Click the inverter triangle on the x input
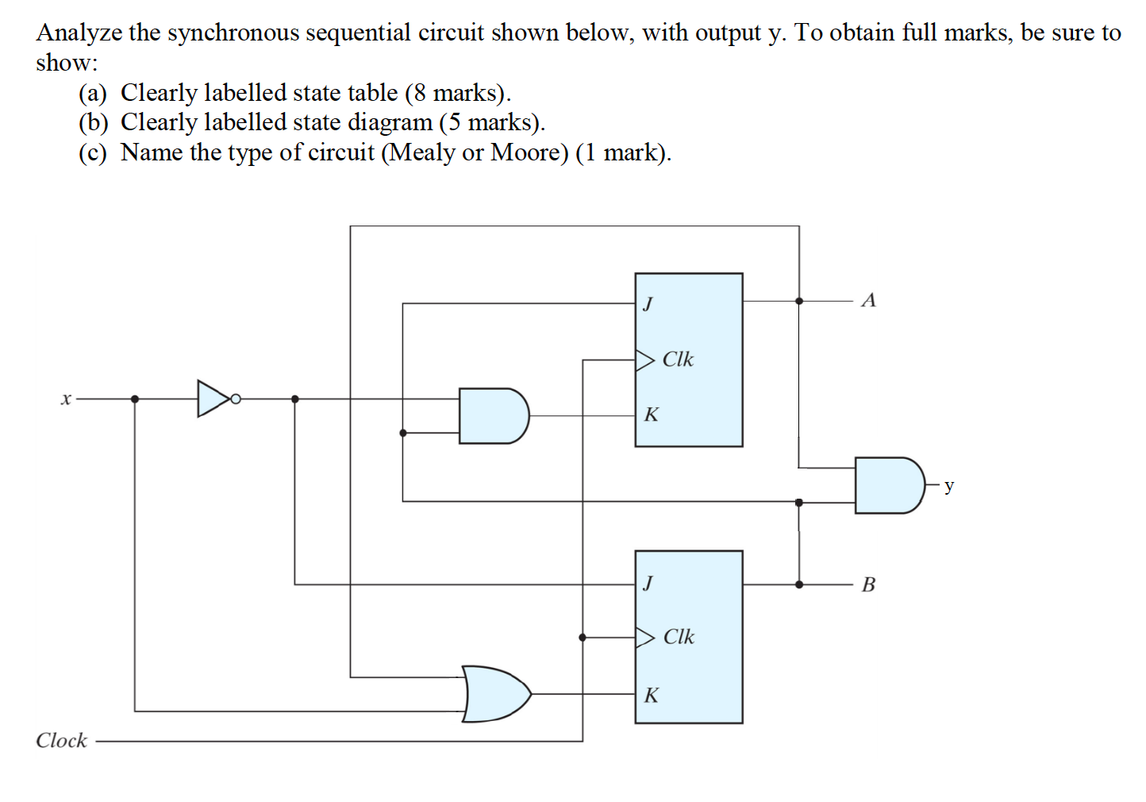[x=212, y=399]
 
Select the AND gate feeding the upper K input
[x=492, y=415]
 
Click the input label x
[x=66, y=399]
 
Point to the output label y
[x=949, y=485]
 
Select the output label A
[x=868, y=300]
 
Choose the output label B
[x=868, y=584]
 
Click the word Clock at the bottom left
[x=61, y=740]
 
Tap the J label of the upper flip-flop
[x=648, y=303]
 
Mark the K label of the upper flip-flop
[x=651, y=414]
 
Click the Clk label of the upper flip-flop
[x=678, y=360]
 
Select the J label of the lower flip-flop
[x=648, y=584]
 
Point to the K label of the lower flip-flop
[x=651, y=696]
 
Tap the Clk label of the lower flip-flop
[x=679, y=637]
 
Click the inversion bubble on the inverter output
[x=235, y=399]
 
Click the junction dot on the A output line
[x=799, y=301]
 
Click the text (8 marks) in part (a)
[x=457, y=93]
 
